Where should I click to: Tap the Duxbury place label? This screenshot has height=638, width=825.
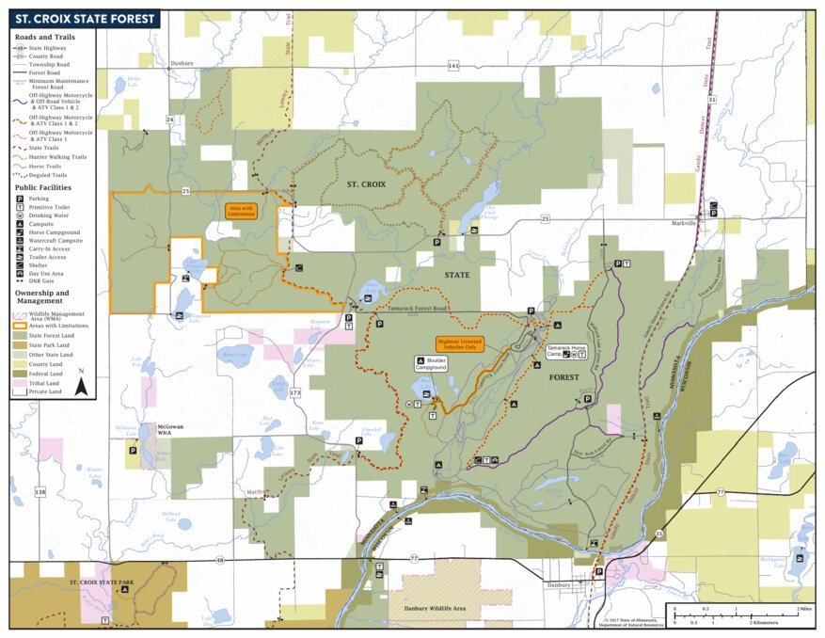tap(182, 63)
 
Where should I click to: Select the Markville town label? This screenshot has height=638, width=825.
tap(684, 224)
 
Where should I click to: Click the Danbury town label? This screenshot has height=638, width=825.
tap(559, 584)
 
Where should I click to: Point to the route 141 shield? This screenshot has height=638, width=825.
tap(453, 66)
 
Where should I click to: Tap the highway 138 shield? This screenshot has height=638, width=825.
tap(40, 491)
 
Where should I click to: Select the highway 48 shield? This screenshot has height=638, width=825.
tap(220, 560)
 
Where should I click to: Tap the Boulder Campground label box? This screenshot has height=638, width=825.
tap(431, 363)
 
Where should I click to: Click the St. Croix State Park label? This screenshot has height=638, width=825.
tap(102, 582)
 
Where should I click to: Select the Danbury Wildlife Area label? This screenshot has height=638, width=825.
tap(435, 609)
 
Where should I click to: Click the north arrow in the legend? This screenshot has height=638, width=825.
tap(82, 383)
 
